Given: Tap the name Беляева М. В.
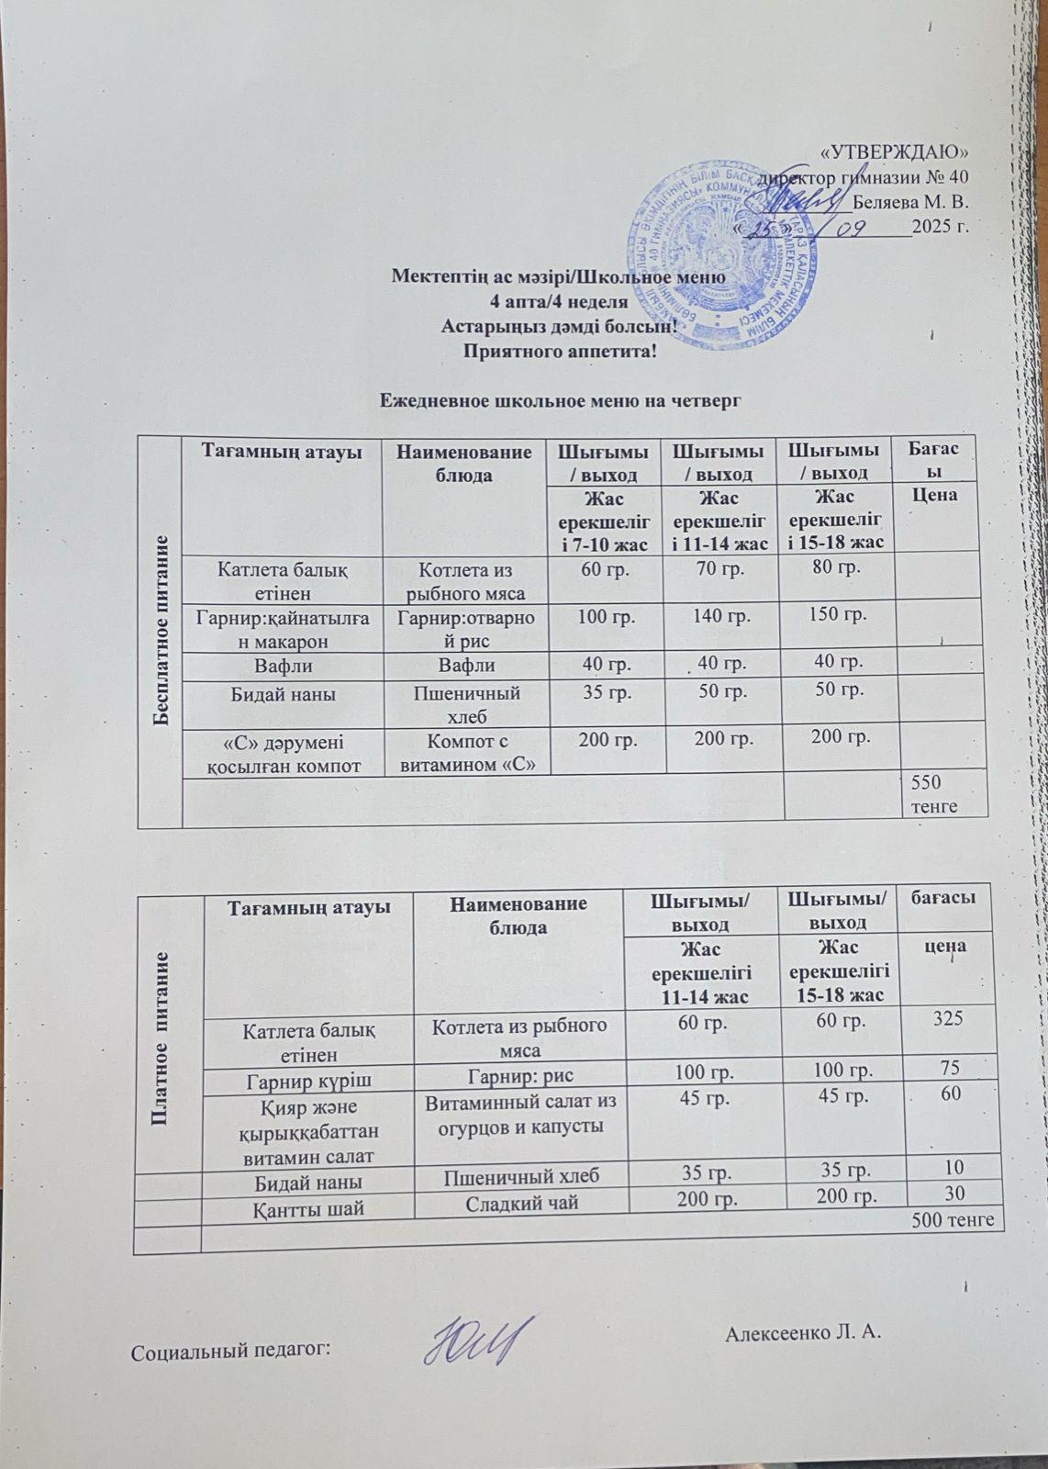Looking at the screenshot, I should (x=910, y=201).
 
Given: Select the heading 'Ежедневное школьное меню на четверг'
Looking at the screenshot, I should (x=560, y=401).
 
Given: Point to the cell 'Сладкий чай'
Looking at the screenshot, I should (x=519, y=1203).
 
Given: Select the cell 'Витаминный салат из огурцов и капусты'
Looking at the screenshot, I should (x=519, y=1112).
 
